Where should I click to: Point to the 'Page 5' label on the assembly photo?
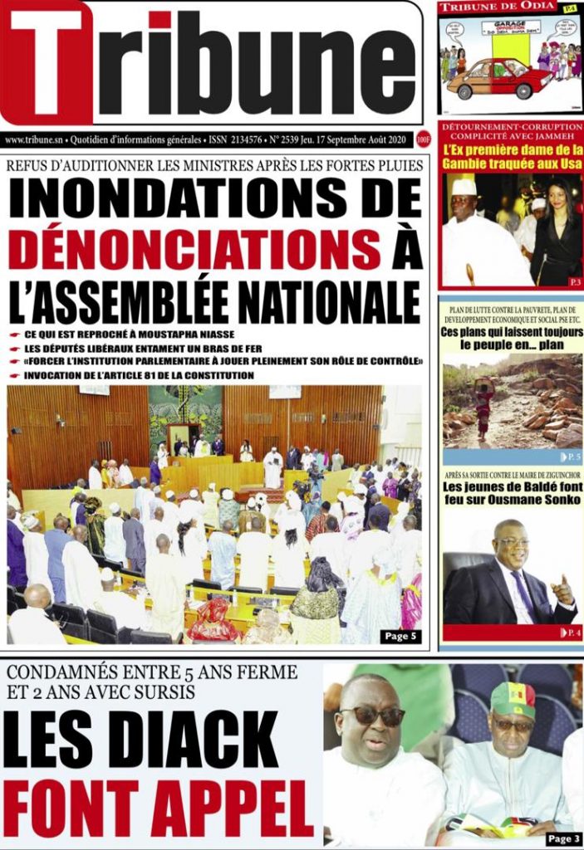point(403,635)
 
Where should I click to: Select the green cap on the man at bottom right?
point(513,700)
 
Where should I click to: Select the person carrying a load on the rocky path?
point(483,406)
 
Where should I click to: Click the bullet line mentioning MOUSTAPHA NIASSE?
point(111,333)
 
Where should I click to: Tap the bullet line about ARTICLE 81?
point(138,375)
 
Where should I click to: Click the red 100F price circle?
point(424,140)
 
